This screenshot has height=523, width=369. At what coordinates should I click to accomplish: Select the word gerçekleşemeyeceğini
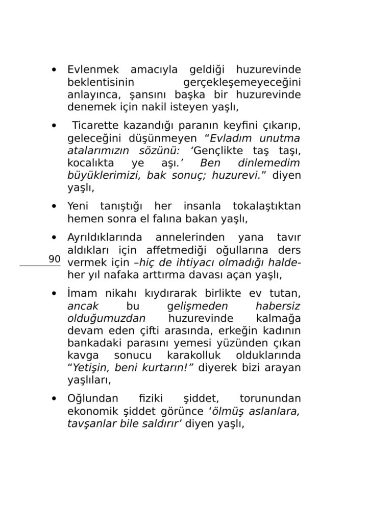241,83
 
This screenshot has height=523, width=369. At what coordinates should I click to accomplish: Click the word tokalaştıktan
266,207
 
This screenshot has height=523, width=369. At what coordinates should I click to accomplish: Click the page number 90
55,259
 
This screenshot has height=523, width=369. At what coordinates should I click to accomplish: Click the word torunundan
269,399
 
